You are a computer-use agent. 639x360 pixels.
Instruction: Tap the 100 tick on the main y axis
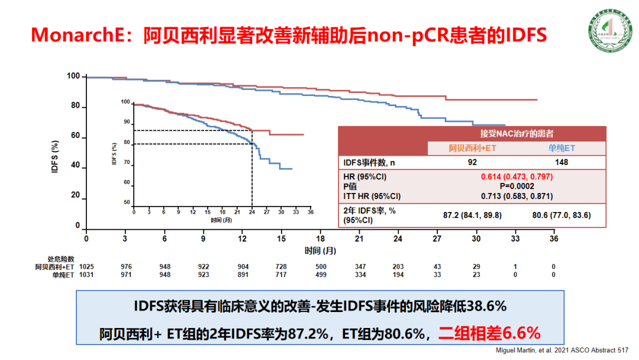pos(73,76)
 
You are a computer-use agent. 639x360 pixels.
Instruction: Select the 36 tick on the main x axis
pos(554,238)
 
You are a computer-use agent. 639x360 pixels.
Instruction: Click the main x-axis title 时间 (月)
pos(320,250)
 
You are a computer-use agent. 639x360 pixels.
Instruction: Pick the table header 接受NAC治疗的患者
pos(472,134)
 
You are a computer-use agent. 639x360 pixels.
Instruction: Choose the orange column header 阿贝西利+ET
pos(472,148)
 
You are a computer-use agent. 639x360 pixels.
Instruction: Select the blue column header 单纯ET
pos(561,148)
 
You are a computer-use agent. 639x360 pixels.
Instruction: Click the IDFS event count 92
pos(472,162)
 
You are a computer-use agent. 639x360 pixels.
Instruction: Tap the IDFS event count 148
pos(561,162)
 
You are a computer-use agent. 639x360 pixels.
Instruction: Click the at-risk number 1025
pos(86,267)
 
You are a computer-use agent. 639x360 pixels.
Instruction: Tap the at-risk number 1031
pos(86,275)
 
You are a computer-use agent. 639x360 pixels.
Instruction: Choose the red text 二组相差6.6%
pos(489,333)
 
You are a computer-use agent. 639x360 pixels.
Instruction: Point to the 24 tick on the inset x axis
pos(251,212)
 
